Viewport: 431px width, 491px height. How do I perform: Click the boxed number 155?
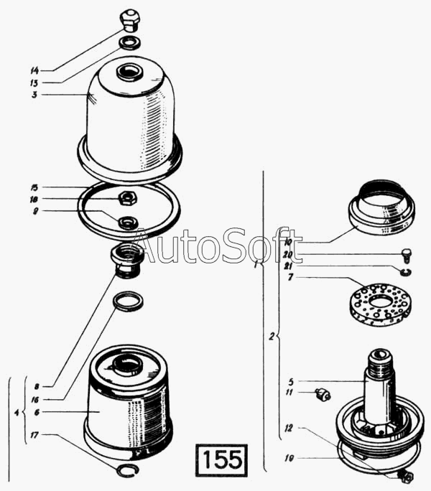click(222, 460)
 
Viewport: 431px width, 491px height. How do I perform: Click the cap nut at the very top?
click(131, 20)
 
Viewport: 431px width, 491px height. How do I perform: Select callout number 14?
click(34, 70)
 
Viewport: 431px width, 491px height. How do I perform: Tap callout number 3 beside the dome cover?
click(34, 95)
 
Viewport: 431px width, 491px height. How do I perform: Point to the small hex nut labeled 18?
click(127, 198)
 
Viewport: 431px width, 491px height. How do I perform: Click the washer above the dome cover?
click(129, 42)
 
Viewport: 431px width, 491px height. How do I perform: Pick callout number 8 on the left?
click(37, 387)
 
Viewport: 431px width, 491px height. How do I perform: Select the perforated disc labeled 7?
click(380, 305)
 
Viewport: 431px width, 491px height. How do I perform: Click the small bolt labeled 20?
click(407, 256)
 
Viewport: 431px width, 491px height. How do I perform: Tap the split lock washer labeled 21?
click(406, 272)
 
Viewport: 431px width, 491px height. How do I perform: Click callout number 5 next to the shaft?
click(291, 382)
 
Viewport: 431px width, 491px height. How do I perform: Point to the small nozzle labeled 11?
click(323, 395)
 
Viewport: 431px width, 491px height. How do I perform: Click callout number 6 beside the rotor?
click(37, 412)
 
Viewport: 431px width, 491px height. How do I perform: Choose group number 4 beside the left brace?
click(17, 412)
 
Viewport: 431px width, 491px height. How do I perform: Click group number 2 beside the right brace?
click(272, 337)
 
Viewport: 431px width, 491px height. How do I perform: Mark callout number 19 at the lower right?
click(289, 458)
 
